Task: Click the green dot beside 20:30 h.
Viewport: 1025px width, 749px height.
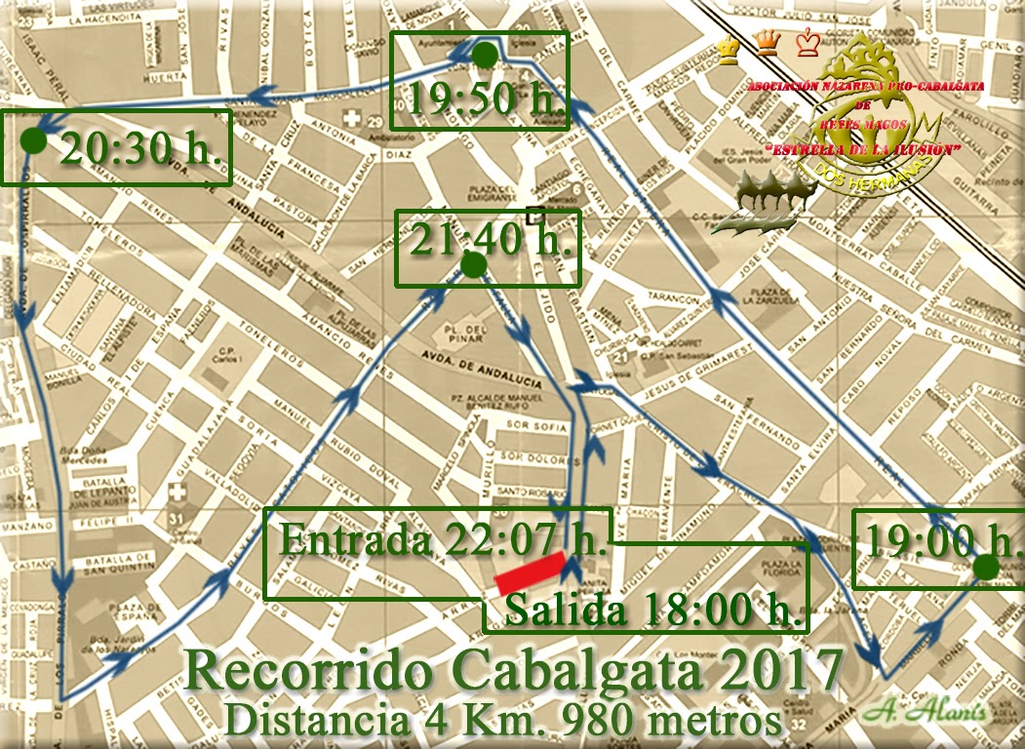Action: coord(33,140)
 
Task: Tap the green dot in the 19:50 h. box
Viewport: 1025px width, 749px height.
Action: coord(484,56)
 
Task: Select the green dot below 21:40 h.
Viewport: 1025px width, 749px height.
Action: coord(473,265)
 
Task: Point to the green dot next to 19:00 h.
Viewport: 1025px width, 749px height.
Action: coord(985,567)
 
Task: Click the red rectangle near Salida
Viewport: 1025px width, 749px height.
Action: coord(531,572)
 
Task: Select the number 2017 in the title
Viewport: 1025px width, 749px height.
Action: coord(781,670)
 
